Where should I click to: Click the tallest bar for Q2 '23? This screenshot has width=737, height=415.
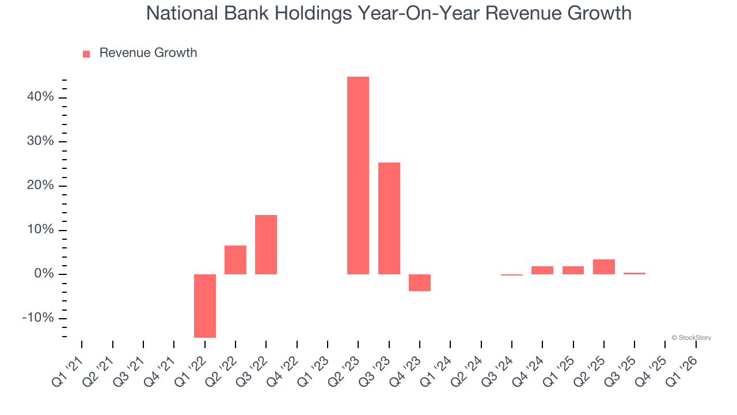pyautogui.click(x=358, y=175)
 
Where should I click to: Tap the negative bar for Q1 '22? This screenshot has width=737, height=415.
pyautogui.click(x=205, y=305)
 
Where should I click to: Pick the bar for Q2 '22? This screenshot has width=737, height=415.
pyautogui.click(x=235, y=260)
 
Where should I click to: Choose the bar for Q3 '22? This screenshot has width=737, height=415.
pyautogui.click(x=266, y=244)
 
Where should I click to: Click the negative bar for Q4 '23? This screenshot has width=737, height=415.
pyautogui.click(x=420, y=282)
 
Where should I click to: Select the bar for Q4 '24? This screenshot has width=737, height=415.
pyautogui.click(x=542, y=270)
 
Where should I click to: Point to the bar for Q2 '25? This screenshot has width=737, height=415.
pyautogui.click(x=604, y=267)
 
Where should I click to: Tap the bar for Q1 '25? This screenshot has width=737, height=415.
pyautogui.click(x=573, y=270)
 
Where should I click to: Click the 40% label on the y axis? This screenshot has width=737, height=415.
pyautogui.click(x=40, y=97)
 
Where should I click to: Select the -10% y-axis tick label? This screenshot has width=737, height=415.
pyautogui.click(x=38, y=318)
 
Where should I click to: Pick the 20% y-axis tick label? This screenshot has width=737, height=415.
pyautogui.click(x=40, y=186)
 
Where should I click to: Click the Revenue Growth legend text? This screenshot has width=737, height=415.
pyautogui.click(x=148, y=53)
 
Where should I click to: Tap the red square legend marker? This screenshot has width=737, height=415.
pyautogui.click(x=86, y=54)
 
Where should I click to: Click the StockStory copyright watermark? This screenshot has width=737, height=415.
pyautogui.click(x=691, y=338)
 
